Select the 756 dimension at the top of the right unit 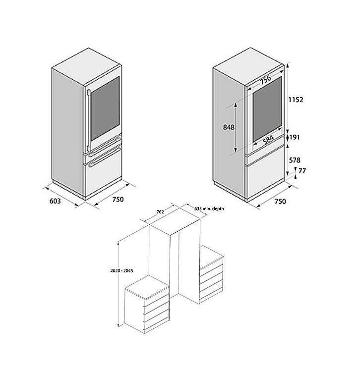[266, 79]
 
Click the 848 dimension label [229, 127]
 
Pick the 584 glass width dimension [268, 140]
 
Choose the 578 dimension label [295, 160]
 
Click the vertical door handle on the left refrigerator [88, 119]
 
